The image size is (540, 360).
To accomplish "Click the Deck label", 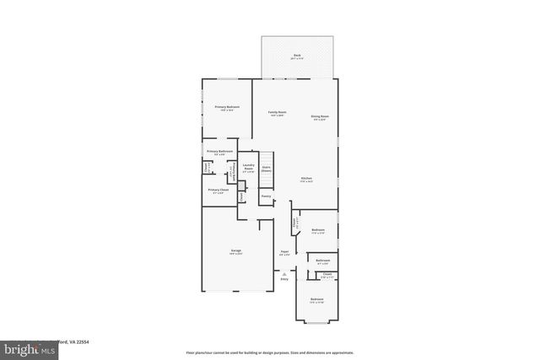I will click(296, 56).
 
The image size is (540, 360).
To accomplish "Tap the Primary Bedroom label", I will click(226, 107).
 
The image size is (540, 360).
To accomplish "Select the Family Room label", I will click(277, 113).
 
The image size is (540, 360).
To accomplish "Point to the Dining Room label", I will click(320, 116).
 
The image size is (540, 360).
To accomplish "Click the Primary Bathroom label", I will click(219, 152).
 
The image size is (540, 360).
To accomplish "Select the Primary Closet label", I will click(218, 190).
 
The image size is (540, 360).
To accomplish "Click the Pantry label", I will click(265, 196).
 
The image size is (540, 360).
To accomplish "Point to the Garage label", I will click(237, 251).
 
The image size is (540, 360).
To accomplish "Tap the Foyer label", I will click(284, 252).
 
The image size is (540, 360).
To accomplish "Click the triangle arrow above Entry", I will click(284, 273).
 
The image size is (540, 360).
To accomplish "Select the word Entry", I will click(284, 279).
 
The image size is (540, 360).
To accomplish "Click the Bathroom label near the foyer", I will click(322, 261).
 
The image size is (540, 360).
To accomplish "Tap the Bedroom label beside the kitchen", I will click(318, 230).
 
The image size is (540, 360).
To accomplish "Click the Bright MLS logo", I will click(25, 347).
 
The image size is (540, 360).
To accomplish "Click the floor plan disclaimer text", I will click(270, 352).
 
